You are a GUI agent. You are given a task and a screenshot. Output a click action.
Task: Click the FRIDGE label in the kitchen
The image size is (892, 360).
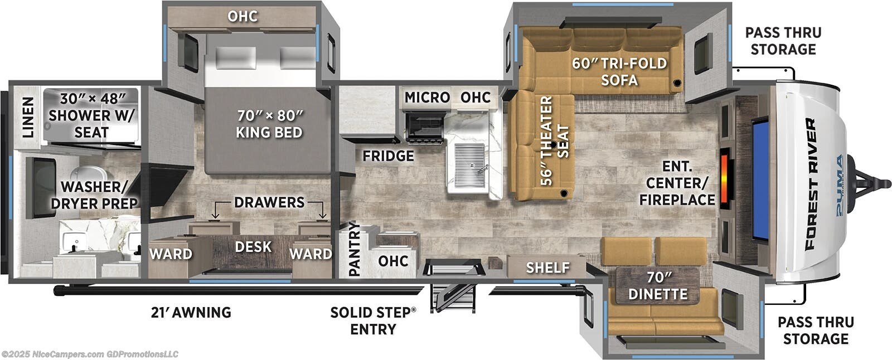click(388, 155)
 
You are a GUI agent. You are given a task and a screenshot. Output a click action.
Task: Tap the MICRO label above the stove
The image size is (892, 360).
click(427, 97)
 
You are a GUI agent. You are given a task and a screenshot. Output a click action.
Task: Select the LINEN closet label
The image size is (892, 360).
click(28, 117)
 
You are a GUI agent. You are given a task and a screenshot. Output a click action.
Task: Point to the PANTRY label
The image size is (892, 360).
click(354, 249)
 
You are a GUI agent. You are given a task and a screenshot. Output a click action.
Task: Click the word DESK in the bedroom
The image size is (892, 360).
click(253, 247)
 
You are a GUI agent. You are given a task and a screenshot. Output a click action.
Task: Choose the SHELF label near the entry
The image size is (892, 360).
click(547, 267)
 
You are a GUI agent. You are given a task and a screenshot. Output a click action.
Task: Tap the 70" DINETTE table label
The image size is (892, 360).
click(658, 285)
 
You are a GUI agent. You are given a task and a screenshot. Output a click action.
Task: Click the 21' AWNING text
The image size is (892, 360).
click(191, 312)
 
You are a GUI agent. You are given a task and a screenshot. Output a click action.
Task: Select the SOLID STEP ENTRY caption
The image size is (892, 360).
click(373, 320)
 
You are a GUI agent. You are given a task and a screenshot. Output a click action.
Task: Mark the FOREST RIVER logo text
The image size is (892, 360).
click(810, 184)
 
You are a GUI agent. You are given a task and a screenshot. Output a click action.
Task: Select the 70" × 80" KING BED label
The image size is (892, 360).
click(270, 124)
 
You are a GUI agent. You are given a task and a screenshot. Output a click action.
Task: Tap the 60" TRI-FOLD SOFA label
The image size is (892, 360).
click(619, 72)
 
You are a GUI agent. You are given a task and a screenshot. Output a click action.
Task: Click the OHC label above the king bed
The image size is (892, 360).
click(243, 16)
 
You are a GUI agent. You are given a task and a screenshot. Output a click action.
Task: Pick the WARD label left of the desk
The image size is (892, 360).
click(171, 254)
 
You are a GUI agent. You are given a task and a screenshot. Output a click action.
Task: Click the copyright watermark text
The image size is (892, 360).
click(90, 354)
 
